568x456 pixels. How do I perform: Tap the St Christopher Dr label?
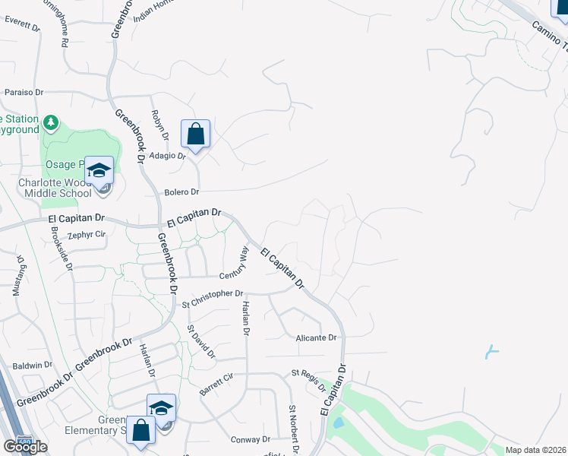(213, 294)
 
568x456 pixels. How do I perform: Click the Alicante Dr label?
(316, 337)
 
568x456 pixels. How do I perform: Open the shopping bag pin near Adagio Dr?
(195, 135)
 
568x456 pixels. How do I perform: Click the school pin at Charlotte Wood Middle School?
(99, 170)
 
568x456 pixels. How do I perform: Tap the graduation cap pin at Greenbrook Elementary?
(161, 409)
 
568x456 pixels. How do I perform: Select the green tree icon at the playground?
(51, 122)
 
